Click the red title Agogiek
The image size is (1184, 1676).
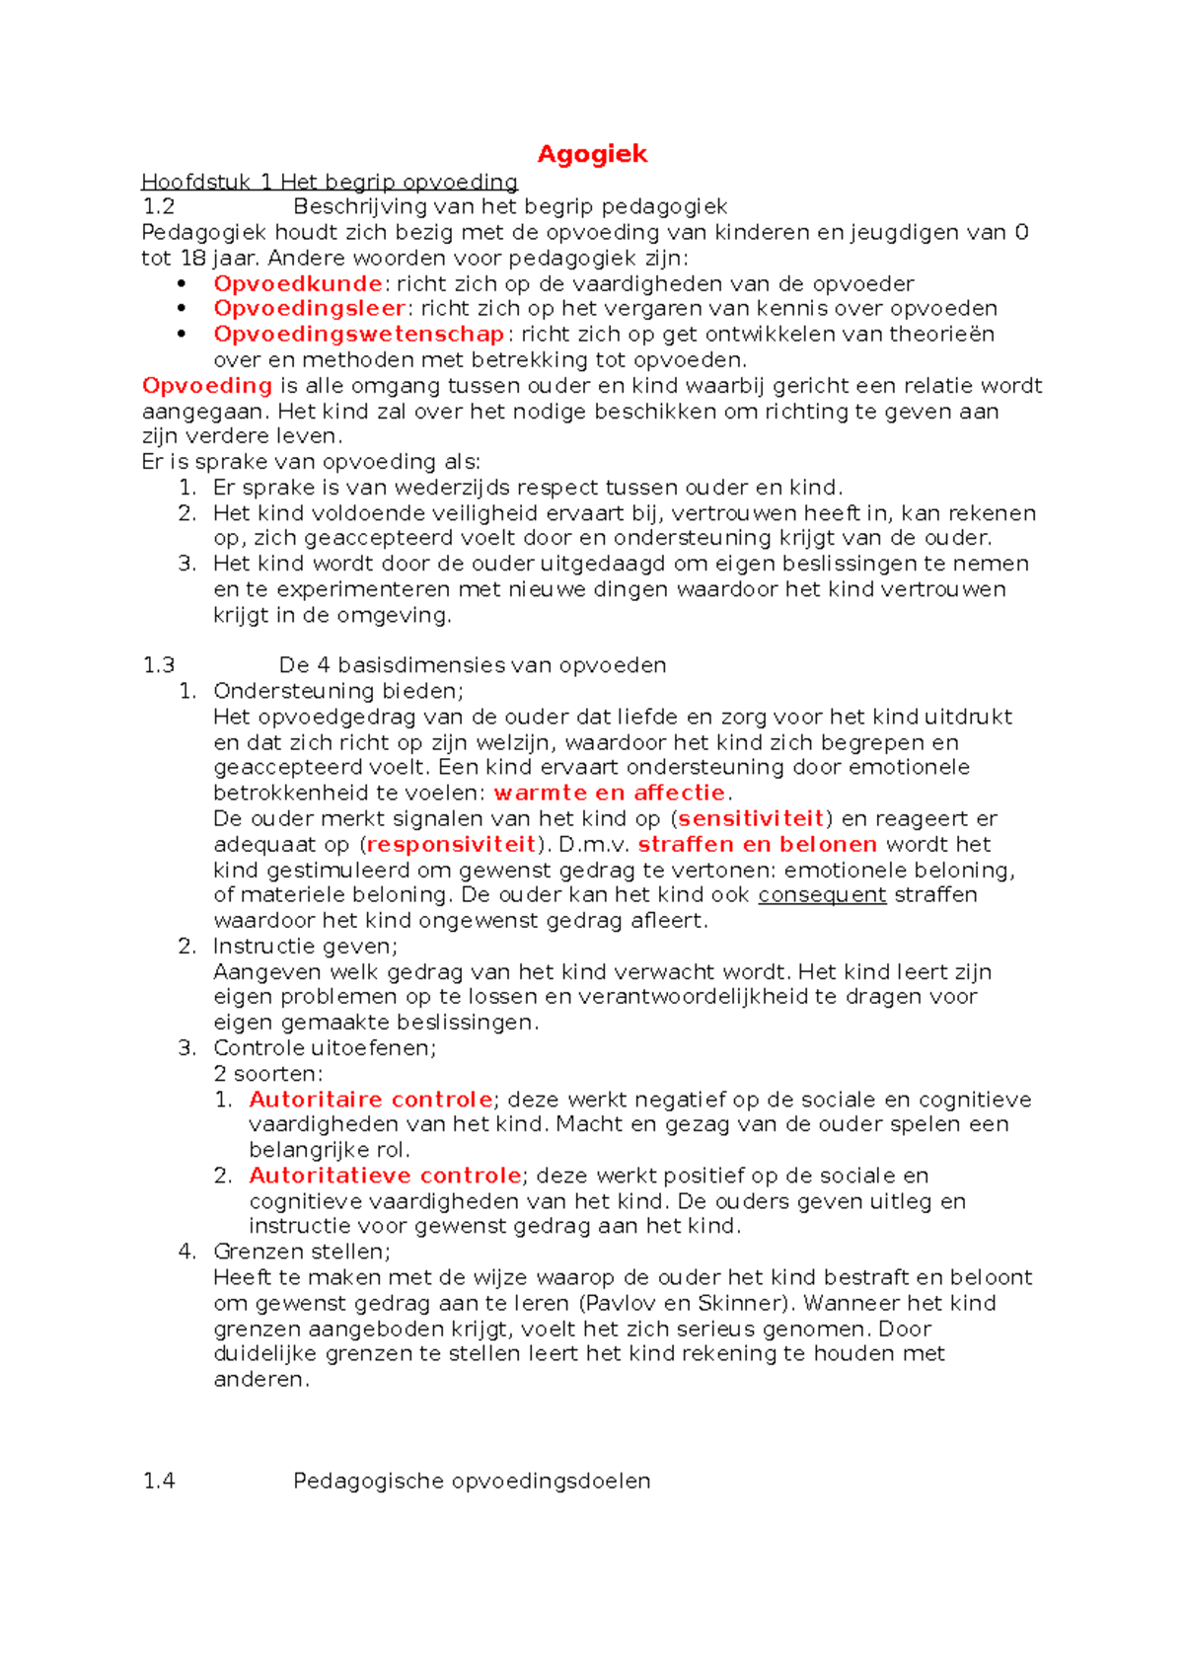[x=592, y=154]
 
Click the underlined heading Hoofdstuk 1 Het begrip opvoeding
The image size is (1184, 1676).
[x=330, y=182]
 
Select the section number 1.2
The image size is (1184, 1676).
[x=159, y=207]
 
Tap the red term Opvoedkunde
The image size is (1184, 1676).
[x=297, y=284]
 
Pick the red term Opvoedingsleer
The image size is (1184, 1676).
[x=309, y=309]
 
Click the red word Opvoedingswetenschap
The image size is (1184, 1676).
[x=359, y=335]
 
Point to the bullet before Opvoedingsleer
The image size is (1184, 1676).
[x=182, y=309]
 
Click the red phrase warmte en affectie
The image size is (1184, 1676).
[x=610, y=794]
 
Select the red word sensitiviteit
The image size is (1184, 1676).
[x=751, y=819]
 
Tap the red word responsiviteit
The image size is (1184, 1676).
[x=451, y=845]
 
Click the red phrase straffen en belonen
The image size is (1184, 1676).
[x=757, y=845]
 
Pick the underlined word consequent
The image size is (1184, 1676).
[x=822, y=895]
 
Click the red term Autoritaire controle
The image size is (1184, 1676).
[x=370, y=1100]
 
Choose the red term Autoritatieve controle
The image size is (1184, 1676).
[x=385, y=1176]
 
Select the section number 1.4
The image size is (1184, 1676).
[x=159, y=1482]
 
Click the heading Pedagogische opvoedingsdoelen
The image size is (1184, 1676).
[x=472, y=1482]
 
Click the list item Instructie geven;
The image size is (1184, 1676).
[x=305, y=947]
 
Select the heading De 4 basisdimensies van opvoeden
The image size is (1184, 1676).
[x=472, y=665]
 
